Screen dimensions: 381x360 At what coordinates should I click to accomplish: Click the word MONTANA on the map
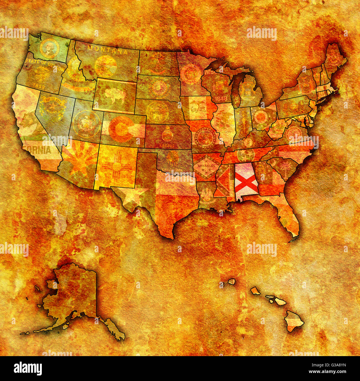[107, 50]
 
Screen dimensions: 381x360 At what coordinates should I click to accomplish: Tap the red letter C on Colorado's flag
[121, 129]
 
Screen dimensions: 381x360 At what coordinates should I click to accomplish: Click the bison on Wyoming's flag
[114, 96]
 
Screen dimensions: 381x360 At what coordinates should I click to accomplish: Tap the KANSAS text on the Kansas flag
[167, 145]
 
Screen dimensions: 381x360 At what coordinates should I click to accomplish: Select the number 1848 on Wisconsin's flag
[221, 98]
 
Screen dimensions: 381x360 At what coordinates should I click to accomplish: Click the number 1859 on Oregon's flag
[39, 86]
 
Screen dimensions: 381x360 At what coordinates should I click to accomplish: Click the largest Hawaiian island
[294, 321]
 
